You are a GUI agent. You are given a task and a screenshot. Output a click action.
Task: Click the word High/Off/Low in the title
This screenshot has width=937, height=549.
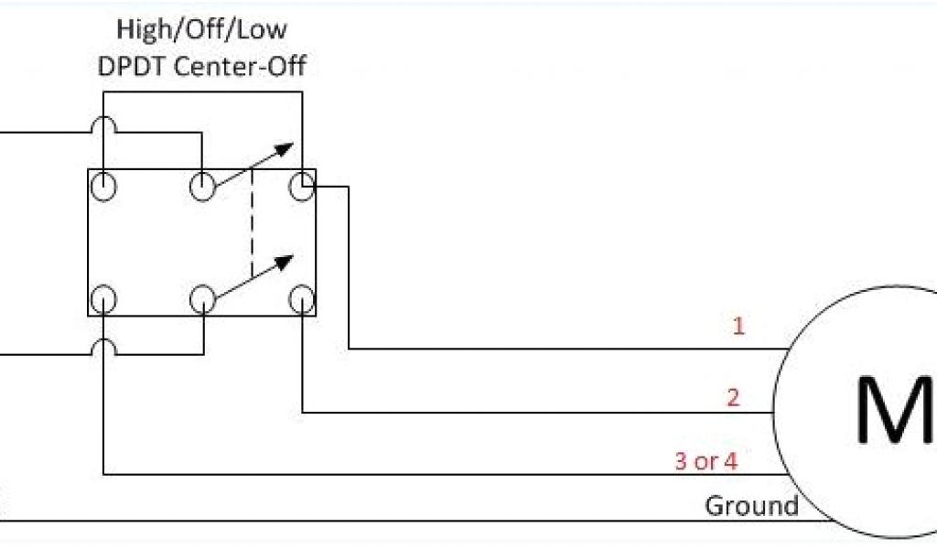point(201,29)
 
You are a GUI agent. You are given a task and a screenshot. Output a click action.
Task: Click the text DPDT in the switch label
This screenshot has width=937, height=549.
point(135,66)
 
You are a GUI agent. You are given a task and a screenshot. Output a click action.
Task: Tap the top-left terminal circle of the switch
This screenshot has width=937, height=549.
point(105,187)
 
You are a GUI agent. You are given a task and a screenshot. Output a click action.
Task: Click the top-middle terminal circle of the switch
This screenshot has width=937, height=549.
point(201,187)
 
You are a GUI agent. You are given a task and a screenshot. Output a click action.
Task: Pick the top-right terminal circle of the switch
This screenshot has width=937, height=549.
point(300,187)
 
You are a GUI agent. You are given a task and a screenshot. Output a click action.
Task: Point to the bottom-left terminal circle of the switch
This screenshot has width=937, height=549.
point(105,298)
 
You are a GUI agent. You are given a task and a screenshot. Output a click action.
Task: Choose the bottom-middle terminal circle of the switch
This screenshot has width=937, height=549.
point(201,298)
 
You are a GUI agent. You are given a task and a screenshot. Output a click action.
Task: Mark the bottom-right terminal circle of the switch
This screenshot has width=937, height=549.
point(300,298)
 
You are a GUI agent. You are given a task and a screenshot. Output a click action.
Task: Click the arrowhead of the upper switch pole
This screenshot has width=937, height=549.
point(286,148)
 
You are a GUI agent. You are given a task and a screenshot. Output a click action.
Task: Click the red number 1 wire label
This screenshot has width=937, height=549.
point(738,326)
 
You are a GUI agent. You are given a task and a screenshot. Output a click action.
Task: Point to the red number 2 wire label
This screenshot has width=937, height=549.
point(733,397)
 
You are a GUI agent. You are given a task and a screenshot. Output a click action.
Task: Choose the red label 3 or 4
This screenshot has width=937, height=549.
point(705,460)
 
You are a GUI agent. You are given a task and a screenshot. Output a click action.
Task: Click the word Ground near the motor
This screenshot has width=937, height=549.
point(751,505)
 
